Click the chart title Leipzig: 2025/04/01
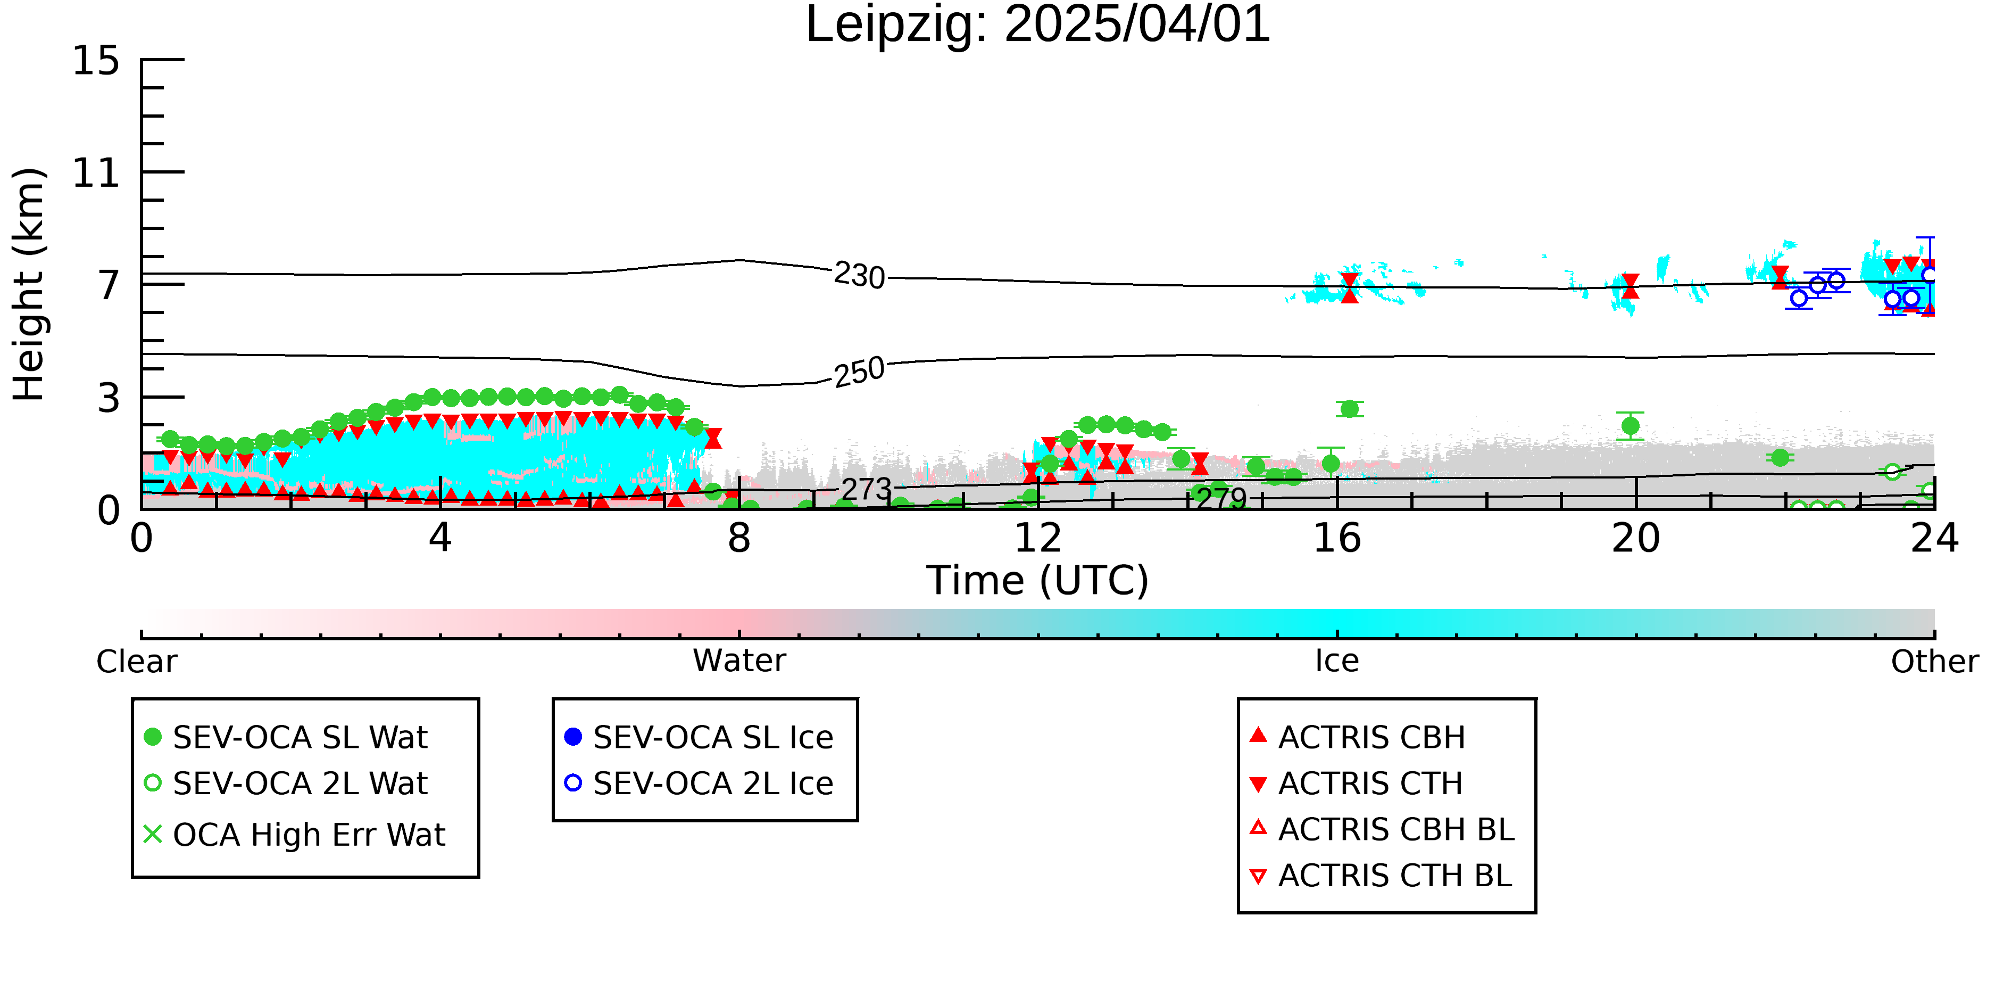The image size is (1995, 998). click(1038, 25)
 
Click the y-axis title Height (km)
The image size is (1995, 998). click(29, 284)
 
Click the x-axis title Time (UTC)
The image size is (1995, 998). click(1038, 580)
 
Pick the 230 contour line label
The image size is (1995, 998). click(860, 275)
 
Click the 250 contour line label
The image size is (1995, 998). click(860, 372)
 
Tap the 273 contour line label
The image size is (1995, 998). click(867, 490)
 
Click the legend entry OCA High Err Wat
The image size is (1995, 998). click(294, 835)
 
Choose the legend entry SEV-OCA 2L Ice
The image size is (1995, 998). click(700, 783)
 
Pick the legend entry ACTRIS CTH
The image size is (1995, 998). click(1356, 783)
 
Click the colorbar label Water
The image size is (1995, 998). click(739, 661)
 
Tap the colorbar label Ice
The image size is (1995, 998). click(1337, 661)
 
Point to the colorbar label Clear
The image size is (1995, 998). click(136, 662)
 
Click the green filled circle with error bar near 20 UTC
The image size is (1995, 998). click(1630, 425)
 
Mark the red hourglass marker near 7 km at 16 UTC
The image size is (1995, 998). click(1350, 287)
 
